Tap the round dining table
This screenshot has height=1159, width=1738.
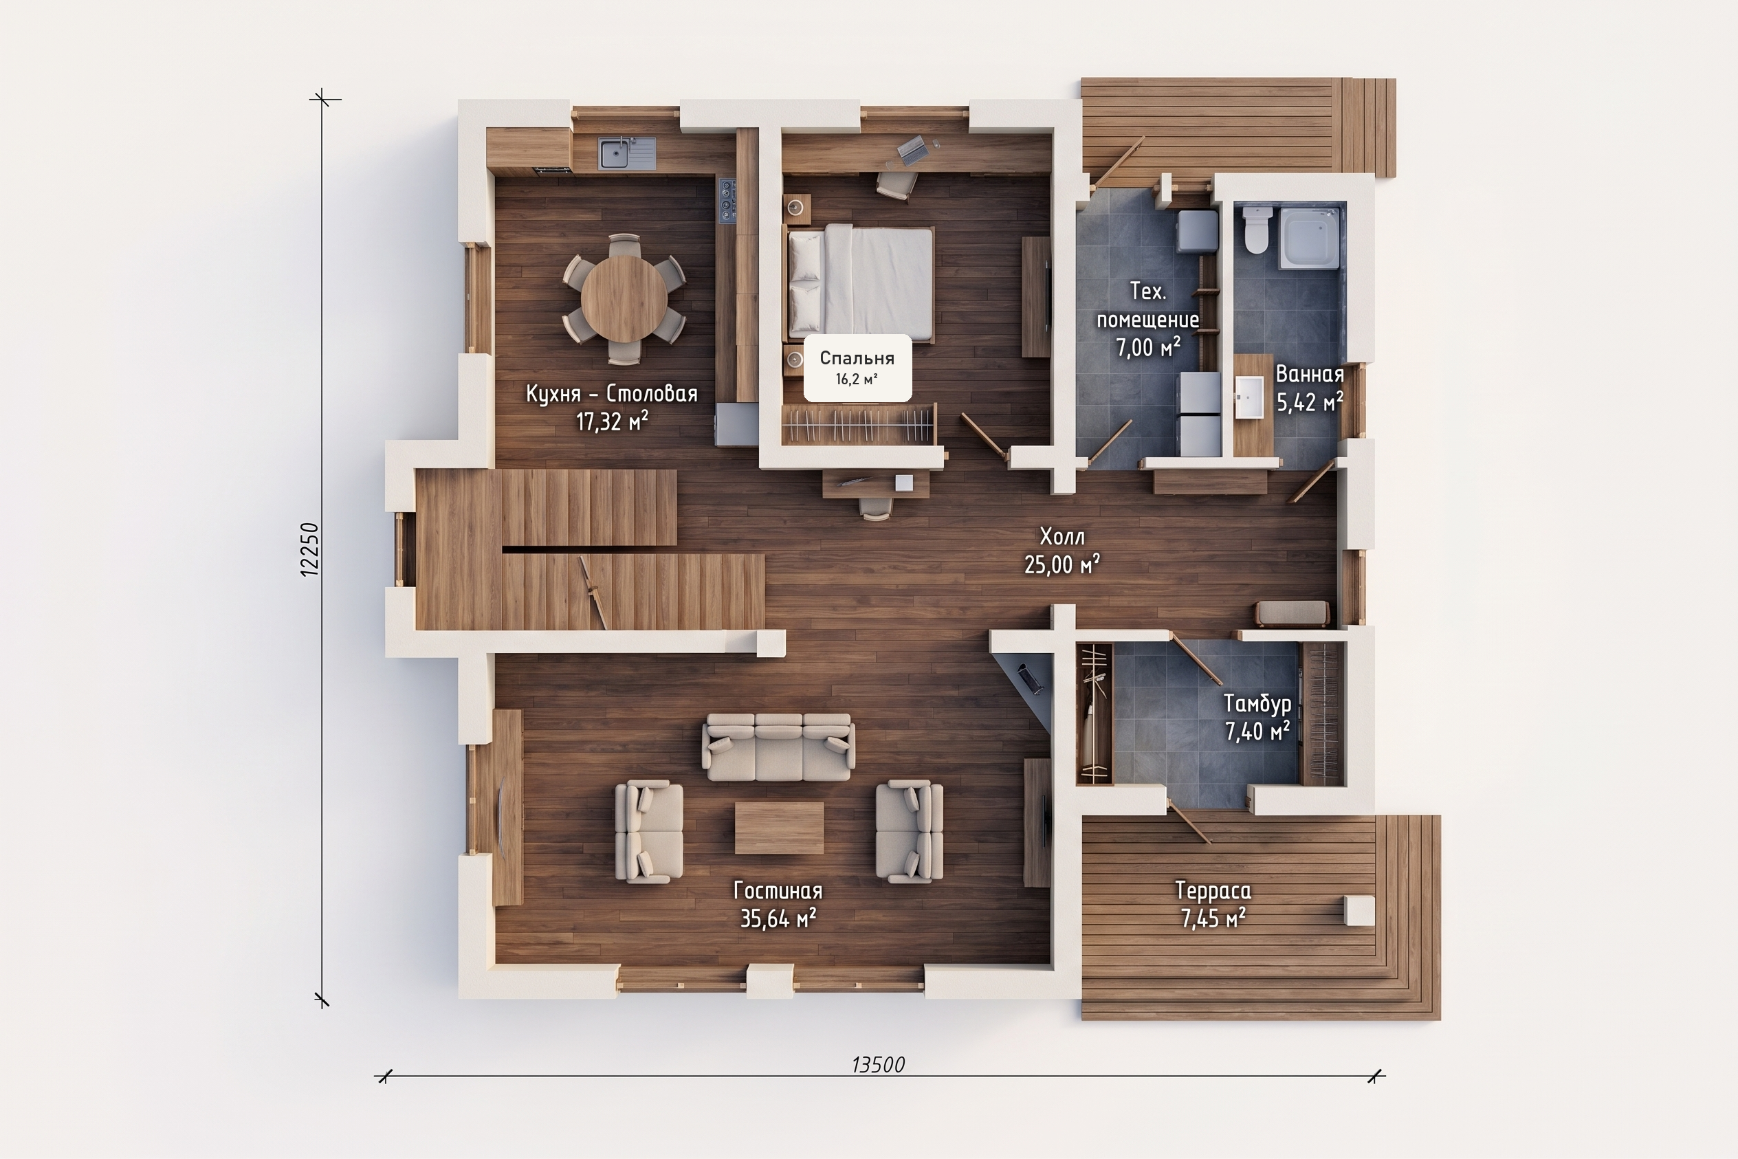624,298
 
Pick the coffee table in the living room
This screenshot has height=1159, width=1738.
779,828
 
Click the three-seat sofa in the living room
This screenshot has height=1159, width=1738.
778,747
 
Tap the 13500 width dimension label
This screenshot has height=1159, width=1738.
878,1064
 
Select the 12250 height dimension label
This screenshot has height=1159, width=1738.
310,549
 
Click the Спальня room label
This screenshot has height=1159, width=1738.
857,358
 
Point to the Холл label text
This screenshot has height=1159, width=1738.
1062,536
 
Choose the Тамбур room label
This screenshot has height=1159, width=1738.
1257,703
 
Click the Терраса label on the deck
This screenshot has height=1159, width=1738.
1213,891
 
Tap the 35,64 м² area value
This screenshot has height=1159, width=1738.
778,918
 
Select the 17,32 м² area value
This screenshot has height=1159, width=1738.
612,421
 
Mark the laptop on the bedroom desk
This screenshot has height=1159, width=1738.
912,149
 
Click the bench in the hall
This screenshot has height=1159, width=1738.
1292,613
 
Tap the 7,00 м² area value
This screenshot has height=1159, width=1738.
1148,346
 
